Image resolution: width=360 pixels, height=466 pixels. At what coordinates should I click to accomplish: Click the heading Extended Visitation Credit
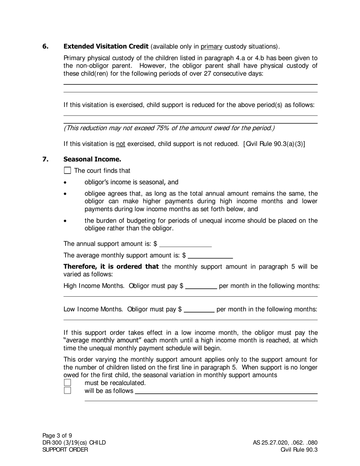(106, 47)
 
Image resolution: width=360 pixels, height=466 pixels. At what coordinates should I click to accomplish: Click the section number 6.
(45, 47)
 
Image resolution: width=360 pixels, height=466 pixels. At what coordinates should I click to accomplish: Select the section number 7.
(45, 159)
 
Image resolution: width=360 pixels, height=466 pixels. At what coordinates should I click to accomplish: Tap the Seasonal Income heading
(92, 159)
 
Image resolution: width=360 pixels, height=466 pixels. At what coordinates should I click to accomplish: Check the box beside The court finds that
(67, 170)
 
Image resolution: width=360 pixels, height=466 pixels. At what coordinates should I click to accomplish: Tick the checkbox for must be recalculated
(67, 383)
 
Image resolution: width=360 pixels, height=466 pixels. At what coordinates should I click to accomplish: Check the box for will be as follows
(67, 391)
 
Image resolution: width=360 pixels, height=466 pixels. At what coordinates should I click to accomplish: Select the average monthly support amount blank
(210, 255)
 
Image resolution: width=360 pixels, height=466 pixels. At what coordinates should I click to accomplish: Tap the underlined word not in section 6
(121, 144)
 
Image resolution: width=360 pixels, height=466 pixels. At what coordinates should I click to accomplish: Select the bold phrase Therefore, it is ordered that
(111, 267)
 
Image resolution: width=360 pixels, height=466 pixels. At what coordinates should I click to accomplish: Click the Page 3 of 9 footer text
(57, 435)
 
